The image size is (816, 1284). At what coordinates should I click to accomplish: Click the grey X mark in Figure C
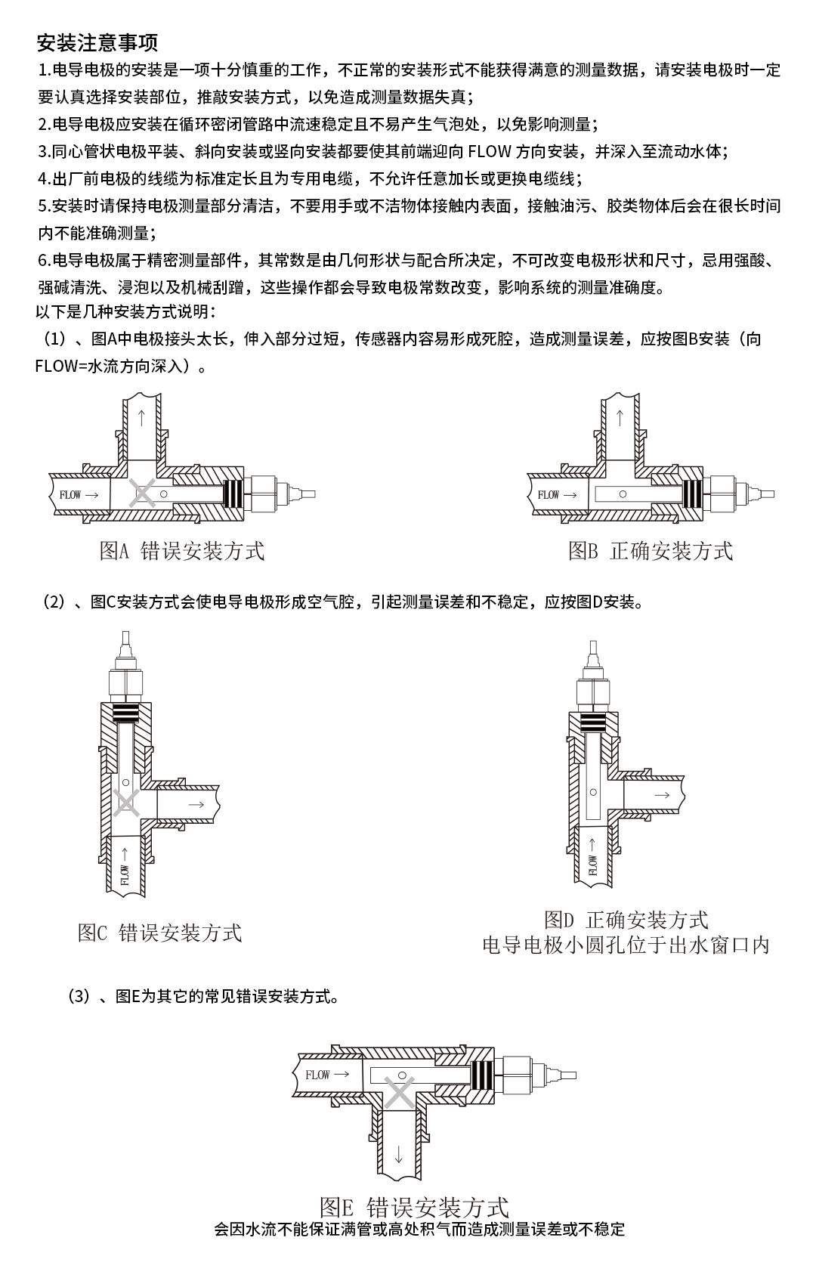126,803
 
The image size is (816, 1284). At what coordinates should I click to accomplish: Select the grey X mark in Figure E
400,1093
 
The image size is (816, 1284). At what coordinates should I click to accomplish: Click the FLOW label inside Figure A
70,495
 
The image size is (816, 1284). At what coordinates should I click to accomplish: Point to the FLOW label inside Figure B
549,495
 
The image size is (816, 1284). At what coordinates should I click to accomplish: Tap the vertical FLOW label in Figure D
592,864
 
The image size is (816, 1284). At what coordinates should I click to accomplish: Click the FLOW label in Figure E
318,1074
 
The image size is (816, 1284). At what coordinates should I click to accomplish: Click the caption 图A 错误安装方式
182,551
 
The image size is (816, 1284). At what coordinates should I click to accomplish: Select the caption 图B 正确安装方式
651,551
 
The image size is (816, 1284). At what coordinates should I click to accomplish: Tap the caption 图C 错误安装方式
159,933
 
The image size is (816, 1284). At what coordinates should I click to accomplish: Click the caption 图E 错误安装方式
414,1207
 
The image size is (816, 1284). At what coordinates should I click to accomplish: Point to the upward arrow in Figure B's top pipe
620,416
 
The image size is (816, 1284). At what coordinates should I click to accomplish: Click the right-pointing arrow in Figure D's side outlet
661,794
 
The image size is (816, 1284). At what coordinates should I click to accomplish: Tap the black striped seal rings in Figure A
236,495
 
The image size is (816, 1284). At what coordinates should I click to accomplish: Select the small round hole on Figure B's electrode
623,494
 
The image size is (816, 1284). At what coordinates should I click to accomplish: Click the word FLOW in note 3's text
490,151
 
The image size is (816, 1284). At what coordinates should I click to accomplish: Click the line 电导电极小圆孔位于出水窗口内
626,945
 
